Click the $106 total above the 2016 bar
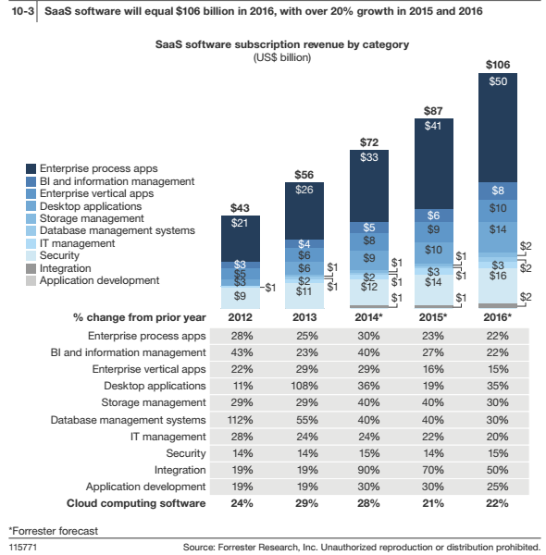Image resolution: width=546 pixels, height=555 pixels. pos(498,65)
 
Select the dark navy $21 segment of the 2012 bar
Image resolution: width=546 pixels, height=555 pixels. pos(241,239)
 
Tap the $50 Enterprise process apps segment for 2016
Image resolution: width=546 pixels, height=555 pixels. pos(498,128)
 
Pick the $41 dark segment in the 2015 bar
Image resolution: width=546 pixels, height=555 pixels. pos(434,164)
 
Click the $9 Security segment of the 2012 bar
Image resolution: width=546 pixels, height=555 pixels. pos(241,297)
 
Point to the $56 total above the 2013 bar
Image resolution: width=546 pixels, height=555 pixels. pos(304,175)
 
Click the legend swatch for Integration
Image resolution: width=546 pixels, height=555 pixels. pos(31,268)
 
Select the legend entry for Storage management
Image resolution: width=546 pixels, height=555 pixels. pos(85,218)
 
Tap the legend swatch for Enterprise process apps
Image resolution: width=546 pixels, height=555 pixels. pos(31,168)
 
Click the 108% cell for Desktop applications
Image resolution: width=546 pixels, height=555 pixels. pos(304,386)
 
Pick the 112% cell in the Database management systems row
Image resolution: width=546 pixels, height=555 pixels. pos(240,420)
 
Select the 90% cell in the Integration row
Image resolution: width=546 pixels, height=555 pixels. pos(368,470)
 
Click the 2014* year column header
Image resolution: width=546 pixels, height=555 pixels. pos(368,317)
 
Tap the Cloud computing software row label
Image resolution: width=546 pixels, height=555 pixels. pos(136,503)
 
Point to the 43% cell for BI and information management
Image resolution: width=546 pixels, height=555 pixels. pos(242,352)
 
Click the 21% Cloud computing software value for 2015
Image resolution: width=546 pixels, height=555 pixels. pos(433,503)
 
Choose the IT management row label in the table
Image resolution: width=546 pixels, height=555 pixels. pos(168,437)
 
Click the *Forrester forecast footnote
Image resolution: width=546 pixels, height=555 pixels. pos(54,531)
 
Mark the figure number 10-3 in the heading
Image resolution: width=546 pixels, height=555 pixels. pos(22,11)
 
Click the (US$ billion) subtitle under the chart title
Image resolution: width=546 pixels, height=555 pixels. pos(282,57)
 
